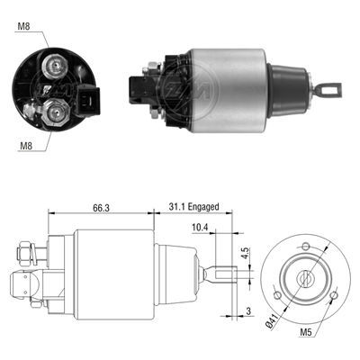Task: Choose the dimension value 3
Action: pyautogui.click(x=248, y=312)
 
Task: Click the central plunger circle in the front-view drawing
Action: pyautogui.click(x=307, y=278)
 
